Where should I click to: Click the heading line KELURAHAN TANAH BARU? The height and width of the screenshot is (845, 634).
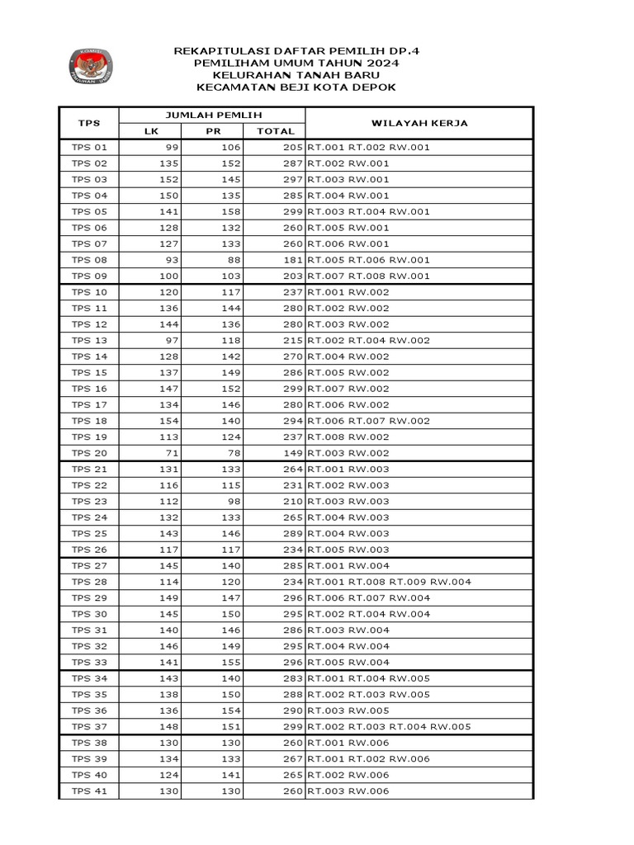(296, 74)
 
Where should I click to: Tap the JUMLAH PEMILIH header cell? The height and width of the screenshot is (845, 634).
(211, 115)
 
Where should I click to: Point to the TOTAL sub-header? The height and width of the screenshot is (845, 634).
(275, 131)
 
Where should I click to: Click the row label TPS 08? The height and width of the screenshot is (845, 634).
(89, 260)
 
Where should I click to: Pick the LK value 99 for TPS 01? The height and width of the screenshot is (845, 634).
(171, 147)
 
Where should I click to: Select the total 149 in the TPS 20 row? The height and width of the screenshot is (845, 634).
(282, 453)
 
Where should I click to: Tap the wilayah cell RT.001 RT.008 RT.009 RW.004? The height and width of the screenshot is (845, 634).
(390, 582)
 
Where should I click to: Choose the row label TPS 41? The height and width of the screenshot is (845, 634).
(89, 791)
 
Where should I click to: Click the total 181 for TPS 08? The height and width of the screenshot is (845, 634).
(282, 260)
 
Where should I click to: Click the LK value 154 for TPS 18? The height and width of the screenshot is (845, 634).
(168, 421)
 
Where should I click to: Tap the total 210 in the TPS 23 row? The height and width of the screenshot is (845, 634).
(282, 502)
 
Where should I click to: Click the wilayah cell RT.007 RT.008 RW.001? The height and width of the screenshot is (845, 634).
(369, 276)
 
